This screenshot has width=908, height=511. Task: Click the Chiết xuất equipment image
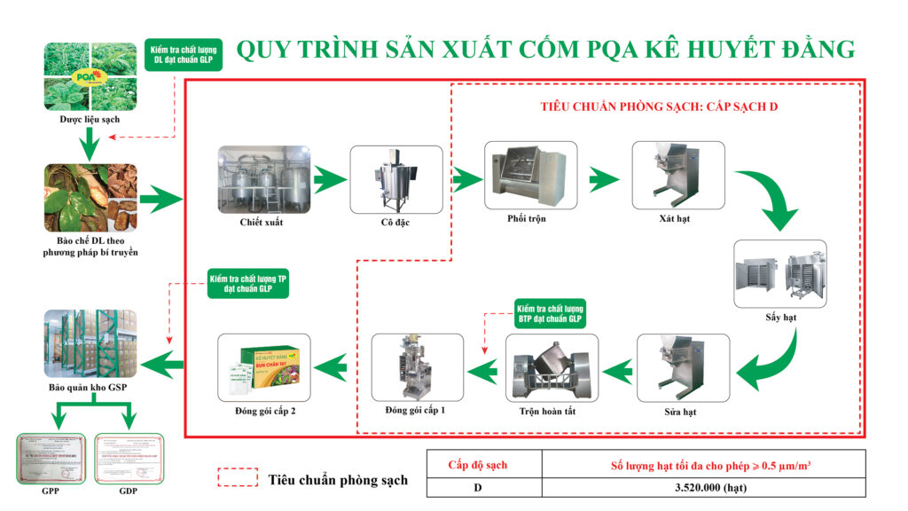pyautogui.click(x=263, y=177)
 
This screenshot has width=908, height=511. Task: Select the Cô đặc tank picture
pyautogui.click(x=395, y=178)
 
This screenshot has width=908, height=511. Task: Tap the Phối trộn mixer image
pyautogui.click(x=529, y=174)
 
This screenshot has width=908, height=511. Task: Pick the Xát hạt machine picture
pyautogui.click(x=677, y=174)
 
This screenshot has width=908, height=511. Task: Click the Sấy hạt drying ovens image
pyautogui.click(x=780, y=272)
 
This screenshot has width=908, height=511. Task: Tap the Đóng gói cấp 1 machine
pyautogui.click(x=417, y=366)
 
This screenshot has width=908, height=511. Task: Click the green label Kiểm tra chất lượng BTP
pyautogui.click(x=550, y=313)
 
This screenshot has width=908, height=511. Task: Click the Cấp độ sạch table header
pyautogui.click(x=483, y=463)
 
